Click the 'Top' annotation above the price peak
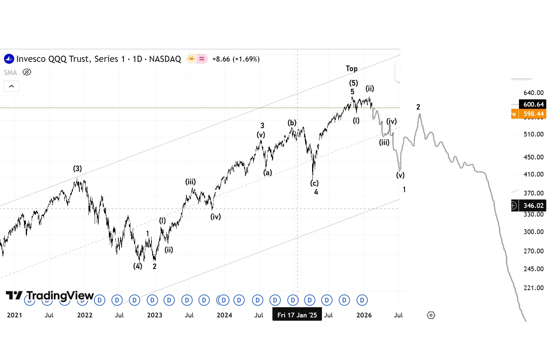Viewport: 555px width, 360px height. point(351,68)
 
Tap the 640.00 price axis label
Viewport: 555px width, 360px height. point(533,93)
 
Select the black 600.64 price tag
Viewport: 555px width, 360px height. point(533,104)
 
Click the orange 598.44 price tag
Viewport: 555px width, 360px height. point(533,114)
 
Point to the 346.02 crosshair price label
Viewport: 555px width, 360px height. point(533,206)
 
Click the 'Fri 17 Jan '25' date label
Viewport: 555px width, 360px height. point(297,315)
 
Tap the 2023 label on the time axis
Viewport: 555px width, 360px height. point(154,315)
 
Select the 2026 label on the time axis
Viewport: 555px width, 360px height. point(364,315)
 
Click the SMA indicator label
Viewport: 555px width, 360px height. point(11,72)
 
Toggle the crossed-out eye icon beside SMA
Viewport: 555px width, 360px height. point(27,72)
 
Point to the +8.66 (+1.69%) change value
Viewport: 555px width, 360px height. point(236,59)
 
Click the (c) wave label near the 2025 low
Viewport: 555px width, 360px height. point(314,183)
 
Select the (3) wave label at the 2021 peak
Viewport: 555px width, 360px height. point(77,169)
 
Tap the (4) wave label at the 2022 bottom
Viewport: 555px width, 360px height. point(137,266)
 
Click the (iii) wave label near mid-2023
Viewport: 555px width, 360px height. point(190,182)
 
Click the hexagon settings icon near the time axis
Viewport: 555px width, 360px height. point(431,315)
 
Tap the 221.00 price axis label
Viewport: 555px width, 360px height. point(533,288)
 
